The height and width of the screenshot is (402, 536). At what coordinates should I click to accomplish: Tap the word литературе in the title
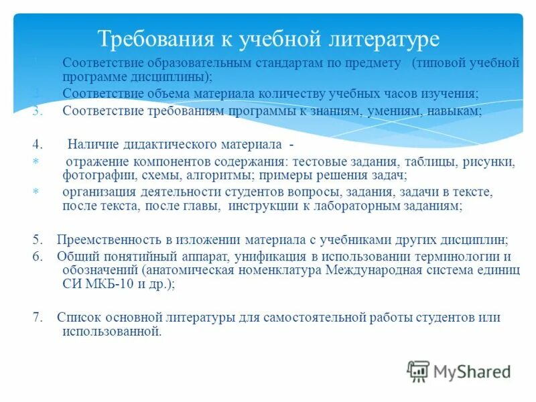379,38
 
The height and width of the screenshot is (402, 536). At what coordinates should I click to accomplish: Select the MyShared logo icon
418,371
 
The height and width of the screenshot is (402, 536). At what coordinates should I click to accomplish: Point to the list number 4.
37,143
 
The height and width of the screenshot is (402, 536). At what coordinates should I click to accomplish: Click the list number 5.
37,239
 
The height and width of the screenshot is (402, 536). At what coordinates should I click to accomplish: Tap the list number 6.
37,257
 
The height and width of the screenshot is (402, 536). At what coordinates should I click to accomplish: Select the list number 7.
37,318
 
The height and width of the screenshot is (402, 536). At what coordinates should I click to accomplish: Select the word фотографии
92,175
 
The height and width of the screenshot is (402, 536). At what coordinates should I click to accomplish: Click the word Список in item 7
78,318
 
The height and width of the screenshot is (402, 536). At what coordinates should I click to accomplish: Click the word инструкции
261,206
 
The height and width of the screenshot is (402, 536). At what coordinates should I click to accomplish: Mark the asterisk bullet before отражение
36,161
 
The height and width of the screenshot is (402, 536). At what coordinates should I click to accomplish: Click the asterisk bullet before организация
36,192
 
